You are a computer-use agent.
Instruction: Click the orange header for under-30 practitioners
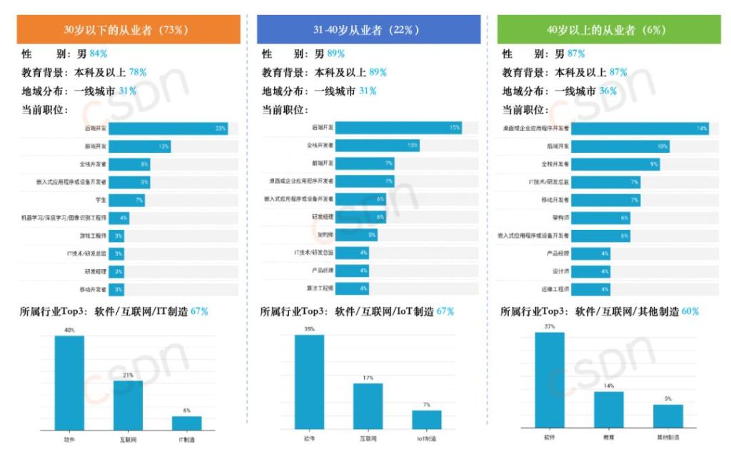128,30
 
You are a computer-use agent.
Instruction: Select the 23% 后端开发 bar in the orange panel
168,128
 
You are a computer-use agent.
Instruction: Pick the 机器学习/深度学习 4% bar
119,218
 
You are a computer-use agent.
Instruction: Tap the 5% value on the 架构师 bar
372,235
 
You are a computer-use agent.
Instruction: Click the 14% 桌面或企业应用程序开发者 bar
639,128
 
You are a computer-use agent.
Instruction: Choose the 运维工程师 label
555,289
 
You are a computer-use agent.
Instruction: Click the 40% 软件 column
69,382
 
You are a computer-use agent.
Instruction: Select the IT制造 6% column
186,423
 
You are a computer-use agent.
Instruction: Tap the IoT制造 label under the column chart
427,437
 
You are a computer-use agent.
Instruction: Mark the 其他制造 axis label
667,436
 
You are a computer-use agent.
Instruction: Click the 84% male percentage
98,54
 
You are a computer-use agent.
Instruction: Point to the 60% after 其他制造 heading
690,311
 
